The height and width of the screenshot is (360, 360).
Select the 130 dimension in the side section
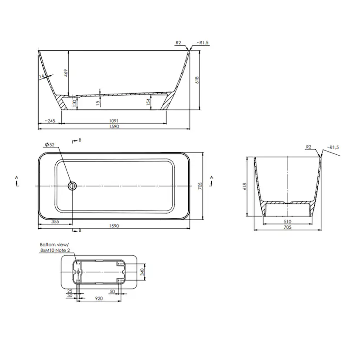[75, 103]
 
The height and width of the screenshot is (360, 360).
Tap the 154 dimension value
[148, 102]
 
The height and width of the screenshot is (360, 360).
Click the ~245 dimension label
[50, 120]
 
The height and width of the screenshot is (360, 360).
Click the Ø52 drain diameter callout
[49, 145]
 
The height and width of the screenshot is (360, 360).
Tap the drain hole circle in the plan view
[72, 186]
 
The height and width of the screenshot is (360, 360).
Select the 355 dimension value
[55, 221]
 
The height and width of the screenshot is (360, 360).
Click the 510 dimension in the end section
[288, 221]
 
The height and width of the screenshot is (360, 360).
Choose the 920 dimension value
[99, 300]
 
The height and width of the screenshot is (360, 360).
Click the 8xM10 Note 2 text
[55, 250]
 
